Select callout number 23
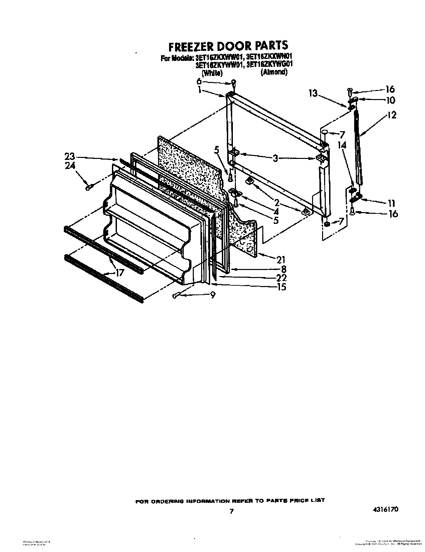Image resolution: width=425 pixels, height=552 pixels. click(x=71, y=156)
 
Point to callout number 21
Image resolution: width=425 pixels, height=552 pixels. click(x=281, y=259)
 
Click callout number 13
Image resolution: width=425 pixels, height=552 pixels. click(x=313, y=94)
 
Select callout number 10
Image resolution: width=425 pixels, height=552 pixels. click(x=390, y=100)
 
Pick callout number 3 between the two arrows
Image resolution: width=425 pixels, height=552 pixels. click(x=275, y=158)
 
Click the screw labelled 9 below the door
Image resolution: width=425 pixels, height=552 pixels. click(x=176, y=295)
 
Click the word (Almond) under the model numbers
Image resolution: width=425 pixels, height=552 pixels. click(x=274, y=72)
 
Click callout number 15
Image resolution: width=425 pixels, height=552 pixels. click(x=282, y=287)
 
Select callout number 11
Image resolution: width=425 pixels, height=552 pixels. click(x=392, y=203)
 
